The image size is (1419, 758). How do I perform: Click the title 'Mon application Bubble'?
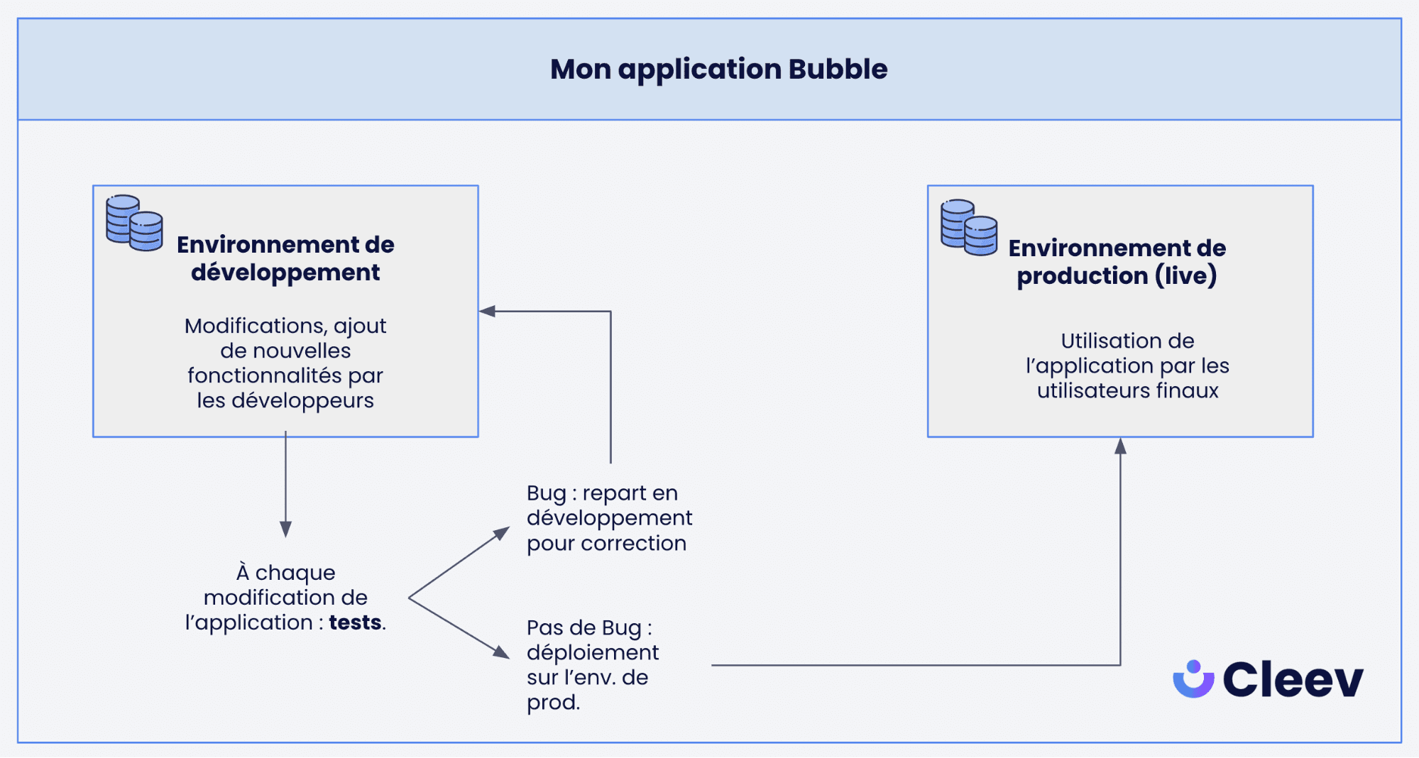pos(718,70)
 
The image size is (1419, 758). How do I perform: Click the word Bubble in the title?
pos(838,70)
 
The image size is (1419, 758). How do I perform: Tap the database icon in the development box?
pos(134,223)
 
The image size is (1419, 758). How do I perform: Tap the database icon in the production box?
pos(969,227)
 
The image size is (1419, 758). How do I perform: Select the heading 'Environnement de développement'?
pos(285,258)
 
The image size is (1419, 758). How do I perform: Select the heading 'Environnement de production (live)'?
pos(1117,262)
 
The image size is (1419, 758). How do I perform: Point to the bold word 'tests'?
pos(355,622)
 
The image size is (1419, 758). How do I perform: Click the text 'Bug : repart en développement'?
pos(608,505)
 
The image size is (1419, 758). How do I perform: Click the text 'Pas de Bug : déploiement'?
pos(592,640)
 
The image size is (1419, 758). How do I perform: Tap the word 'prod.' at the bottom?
pos(553,703)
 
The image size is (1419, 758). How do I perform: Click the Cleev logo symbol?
pos(1193,679)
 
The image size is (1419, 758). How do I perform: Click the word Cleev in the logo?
pos(1293,680)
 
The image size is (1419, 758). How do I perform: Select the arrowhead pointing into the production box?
pos(1120,446)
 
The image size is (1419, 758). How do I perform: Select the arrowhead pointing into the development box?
pos(488,311)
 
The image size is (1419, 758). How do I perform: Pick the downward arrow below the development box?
pos(285,528)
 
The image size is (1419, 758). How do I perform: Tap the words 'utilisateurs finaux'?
pos(1127,391)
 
